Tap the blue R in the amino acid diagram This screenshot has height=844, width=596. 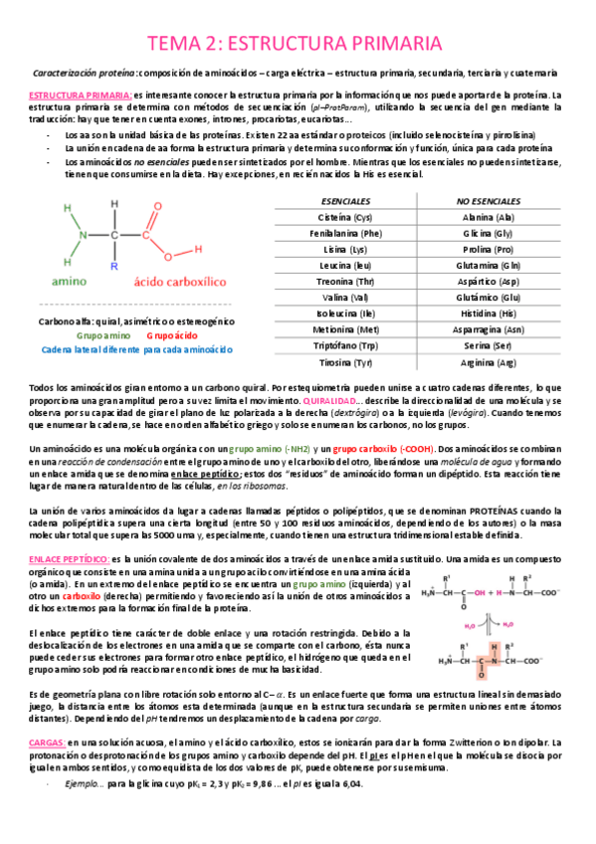tap(114, 267)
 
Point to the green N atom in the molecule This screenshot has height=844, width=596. tap(84, 236)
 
